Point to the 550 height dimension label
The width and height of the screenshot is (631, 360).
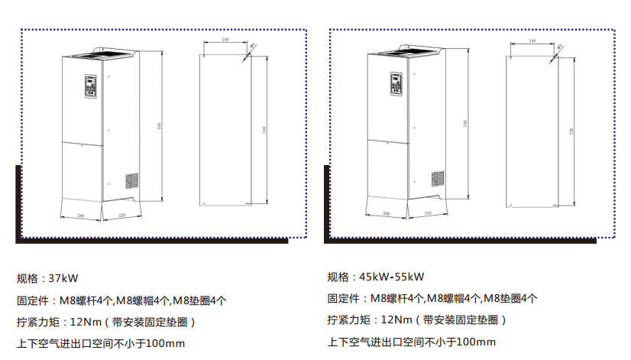click(x=159, y=126)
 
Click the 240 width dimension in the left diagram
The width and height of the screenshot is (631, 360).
click(x=225, y=39)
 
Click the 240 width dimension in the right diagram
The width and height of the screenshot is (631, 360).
click(x=532, y=41)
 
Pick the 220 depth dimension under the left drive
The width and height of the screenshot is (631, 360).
click(x=122, y=216)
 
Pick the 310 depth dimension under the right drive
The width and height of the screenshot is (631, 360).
click(x=428, y=214)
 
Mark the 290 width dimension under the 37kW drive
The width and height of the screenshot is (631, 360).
click(x=81, y=216)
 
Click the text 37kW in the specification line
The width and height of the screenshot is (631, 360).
click(x=63, y=277)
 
